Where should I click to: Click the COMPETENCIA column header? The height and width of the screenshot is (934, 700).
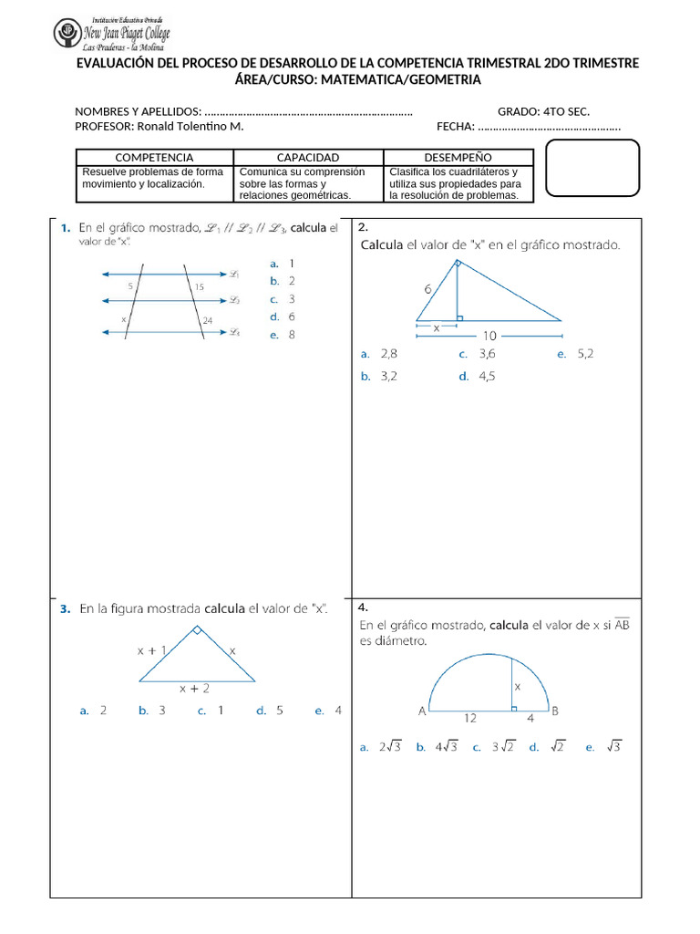pos(154,158)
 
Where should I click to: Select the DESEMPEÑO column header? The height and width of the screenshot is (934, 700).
pos(458,158)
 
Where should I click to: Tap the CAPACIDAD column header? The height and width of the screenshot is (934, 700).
pos(307,158)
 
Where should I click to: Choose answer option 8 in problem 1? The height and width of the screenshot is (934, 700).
pos(292,335)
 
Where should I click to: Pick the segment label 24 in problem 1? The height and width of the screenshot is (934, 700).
pos(208,320)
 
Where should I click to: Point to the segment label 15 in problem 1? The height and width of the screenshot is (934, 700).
pos(199,286)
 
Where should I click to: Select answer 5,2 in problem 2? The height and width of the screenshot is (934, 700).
pos(585,354)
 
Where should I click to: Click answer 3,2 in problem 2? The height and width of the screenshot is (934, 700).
pos(389,376)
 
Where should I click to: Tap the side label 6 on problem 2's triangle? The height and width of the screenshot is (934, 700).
pos(427,288)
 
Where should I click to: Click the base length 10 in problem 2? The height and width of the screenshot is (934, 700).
pos(489,335)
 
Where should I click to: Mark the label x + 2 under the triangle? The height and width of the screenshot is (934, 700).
pos(193,689)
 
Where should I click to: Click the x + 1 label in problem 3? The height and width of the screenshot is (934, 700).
pos(151,650)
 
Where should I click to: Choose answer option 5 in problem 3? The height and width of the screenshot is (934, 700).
pos(280,711)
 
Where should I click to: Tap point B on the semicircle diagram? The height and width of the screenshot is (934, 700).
pos(555,711)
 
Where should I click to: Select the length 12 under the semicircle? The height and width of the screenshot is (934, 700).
pos(469,718)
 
